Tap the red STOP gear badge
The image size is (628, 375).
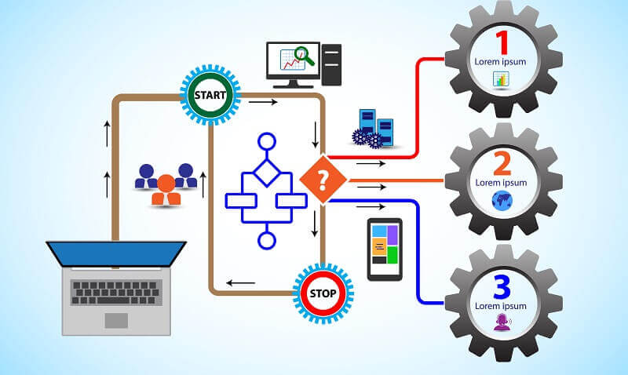tap(323, 293)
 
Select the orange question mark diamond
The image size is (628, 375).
tap(323, 180)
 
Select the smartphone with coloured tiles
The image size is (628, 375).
tap(385, 249)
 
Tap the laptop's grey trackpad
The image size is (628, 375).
tap(116, 320)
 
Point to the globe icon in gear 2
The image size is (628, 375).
tap(500, 199)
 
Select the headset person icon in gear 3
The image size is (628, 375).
tap(500, 321)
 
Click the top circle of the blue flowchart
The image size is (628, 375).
tap(267, 142)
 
